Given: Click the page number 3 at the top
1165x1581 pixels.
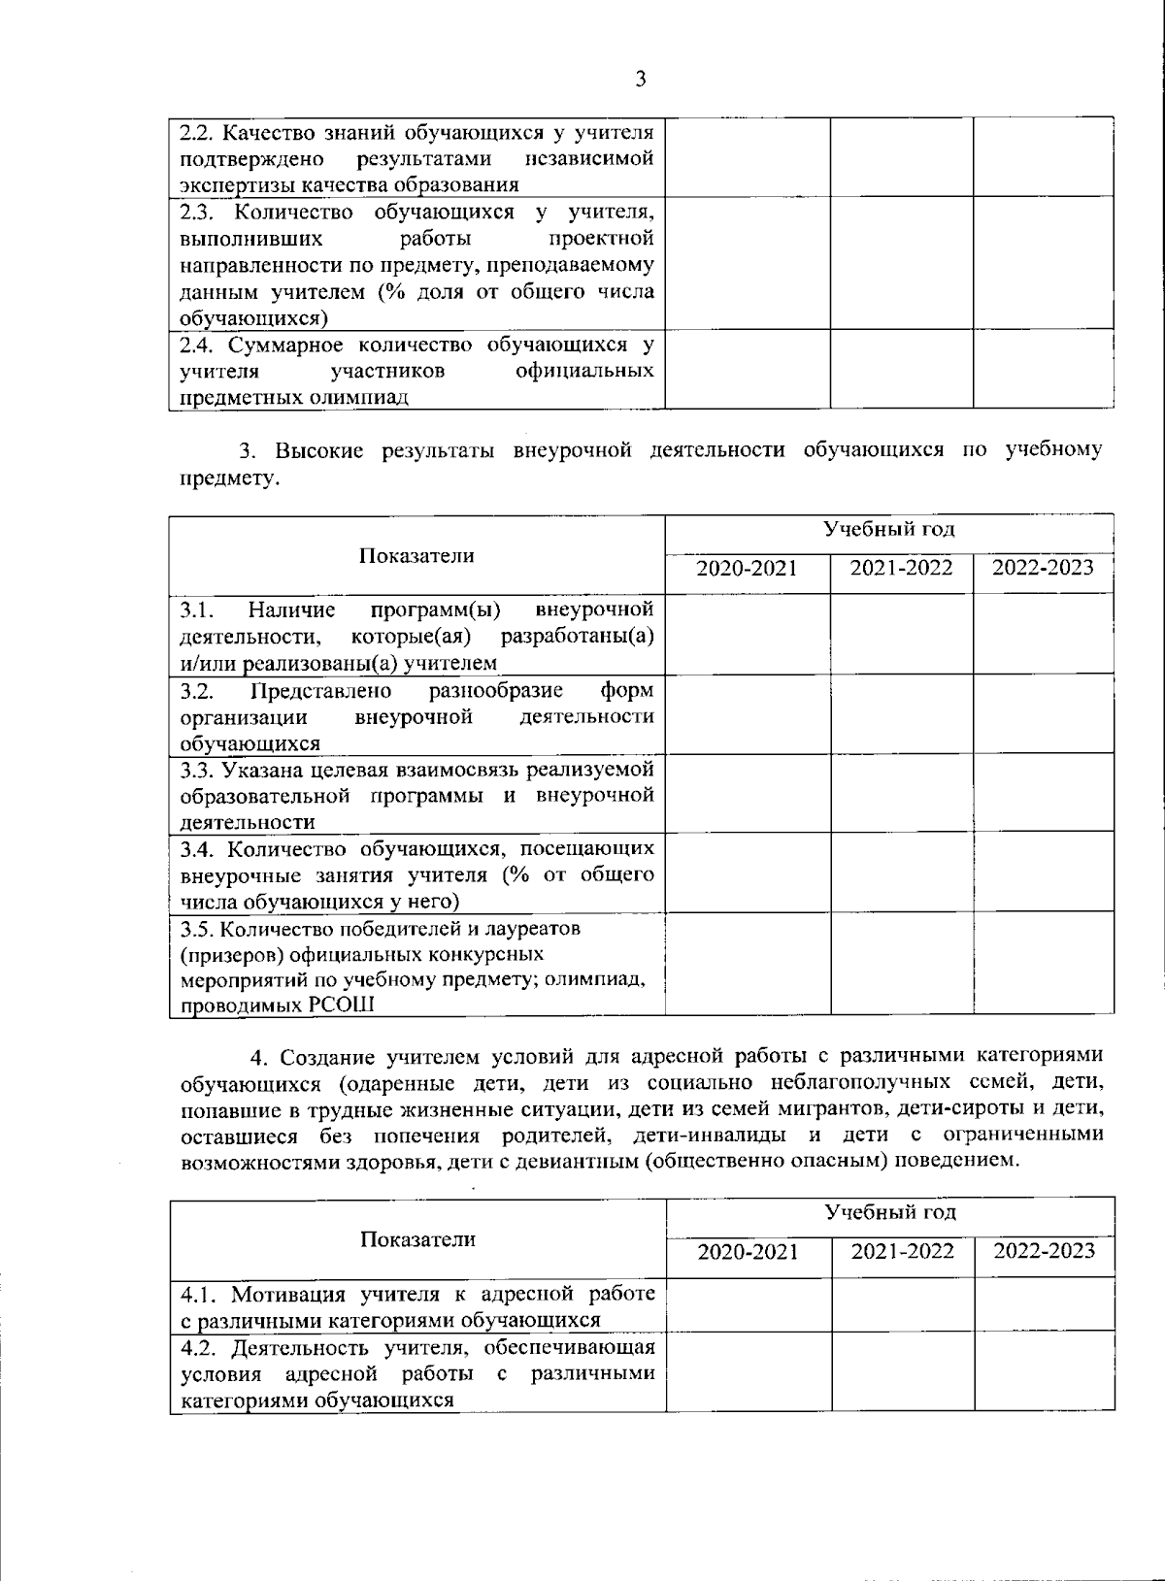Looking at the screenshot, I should pyautogui.click(x=640, y=80).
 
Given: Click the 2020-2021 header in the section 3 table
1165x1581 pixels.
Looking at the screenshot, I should pyautogui.click(x=747, y=568).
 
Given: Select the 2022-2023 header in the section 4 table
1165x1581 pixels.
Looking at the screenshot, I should pyautogui.click(x=1044, y=1250).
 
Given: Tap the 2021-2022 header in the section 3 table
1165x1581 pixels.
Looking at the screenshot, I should pyautogui.click(x=901, y=568).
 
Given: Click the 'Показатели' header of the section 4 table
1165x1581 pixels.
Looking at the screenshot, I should pyautogui.click(x=417, y=1238).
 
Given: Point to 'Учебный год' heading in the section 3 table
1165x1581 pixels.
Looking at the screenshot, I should pyautogui.click(x=888, y=529).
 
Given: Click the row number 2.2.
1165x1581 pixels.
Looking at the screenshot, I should pyautogui.click(x=196, y=131).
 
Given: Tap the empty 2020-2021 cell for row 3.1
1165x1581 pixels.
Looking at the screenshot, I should pyautogui.click(x=748, y=634).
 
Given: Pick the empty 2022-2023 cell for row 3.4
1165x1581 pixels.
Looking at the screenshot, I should pyautogui.click(x=1044, y=872).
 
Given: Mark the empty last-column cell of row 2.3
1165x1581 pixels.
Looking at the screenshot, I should pyautogui.click(x=1044, y=263).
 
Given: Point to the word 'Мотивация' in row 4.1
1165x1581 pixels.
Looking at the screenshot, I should pyautogui.click(x=282, y=1294).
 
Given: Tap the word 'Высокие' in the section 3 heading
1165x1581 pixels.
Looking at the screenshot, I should pyautogui.click(x=316, y=450).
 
